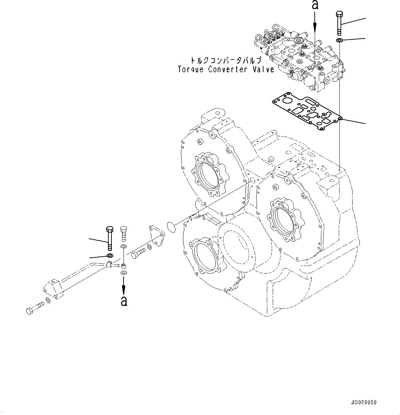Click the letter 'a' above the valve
pyautogui.click(x=315, y=5)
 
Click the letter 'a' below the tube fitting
pyautogui.click(x=124, y=301)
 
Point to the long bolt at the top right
pyautogui.click(x=339, y=22)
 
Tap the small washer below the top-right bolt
pyautogui.click(x=339, y=41)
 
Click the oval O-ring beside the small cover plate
pyautogui.click(x=171, y=226)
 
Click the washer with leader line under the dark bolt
pyautogui.click(x=110, y=256)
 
